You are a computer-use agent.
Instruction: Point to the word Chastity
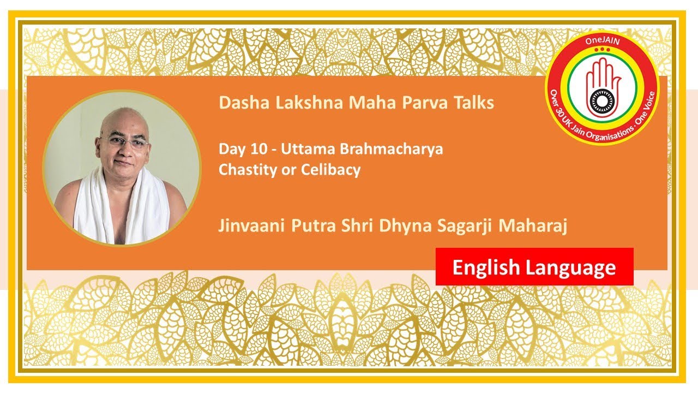[x=244, y=170]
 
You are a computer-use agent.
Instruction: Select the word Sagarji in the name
[x=466, y=226]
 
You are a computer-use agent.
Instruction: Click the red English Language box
[x=534, y=267]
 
